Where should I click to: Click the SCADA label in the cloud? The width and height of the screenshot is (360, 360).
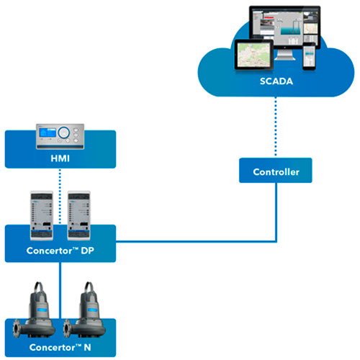point(276,81)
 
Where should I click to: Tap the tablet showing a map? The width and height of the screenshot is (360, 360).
point(254,55)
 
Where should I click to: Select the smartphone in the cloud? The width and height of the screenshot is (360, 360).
point(309,57)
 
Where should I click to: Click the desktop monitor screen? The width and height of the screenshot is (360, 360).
point(285,27)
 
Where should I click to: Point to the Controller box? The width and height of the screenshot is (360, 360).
point(276,170)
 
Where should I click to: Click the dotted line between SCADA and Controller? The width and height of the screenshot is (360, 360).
point(276,127)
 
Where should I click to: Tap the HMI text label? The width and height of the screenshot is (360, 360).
point(60,158)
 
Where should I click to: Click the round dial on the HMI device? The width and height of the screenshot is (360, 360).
point(64,132)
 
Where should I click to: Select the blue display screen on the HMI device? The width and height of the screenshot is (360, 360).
point(48,132)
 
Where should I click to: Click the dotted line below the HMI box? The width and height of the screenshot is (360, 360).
point(60,196)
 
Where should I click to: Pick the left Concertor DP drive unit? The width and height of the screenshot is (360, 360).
point(42,215)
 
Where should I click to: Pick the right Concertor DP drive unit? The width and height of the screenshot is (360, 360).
point(79,215)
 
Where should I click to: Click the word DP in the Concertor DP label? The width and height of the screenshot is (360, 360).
point(87,251)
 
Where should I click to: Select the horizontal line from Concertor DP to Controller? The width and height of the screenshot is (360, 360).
point(196,241)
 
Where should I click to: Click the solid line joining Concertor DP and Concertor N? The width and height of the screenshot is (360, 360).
point(60,290)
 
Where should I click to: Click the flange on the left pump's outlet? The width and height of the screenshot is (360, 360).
point(17,328)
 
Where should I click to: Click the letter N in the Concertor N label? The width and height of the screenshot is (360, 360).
point(87,347)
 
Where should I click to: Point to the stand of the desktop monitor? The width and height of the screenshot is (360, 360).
point(285,55)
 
